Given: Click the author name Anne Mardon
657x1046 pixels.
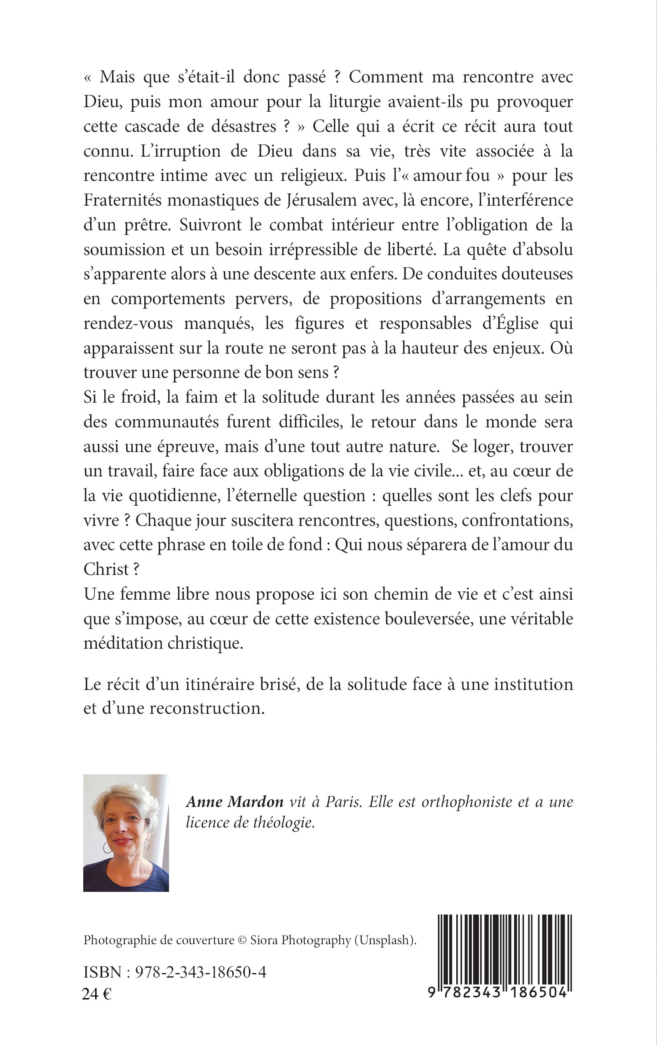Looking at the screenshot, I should (235, 802).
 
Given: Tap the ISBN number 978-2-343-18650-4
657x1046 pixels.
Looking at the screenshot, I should (200, 972).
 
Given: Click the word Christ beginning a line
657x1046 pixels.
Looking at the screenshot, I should (106, 570).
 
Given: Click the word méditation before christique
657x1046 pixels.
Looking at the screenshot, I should (123, 643).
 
